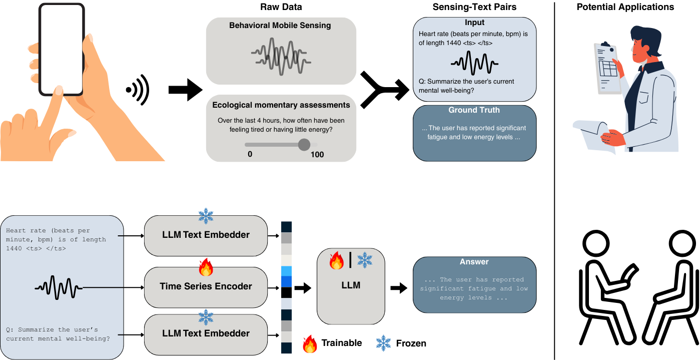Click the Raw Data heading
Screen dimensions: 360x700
tap(281, 7)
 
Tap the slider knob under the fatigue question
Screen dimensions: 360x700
tap(304, 145)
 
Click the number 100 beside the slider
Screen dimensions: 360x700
tap(317, 155)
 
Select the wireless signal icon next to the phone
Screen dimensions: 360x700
tap(138, 90)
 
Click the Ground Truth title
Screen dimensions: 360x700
tap(474, 110)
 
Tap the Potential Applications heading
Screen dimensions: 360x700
tap(625, 7)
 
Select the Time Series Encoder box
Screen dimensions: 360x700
tap(206, 287)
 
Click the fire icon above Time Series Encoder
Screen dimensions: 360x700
tap(206, 268)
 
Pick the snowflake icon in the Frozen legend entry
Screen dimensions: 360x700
tap(383, 343)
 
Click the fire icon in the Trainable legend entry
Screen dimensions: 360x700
tap(310, 343)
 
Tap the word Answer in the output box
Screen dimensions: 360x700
tap(474, 262)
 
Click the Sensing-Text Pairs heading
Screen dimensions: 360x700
tap(474, 7)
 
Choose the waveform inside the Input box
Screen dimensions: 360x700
tap(474, 63)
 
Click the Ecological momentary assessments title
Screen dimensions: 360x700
tap(281, 105)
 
